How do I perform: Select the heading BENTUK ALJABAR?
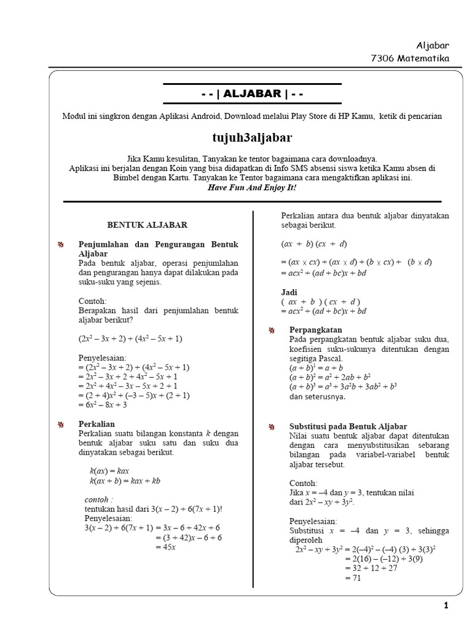coord(147,225)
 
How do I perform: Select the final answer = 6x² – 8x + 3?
coord(103,405)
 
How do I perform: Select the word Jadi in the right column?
coord(289,292)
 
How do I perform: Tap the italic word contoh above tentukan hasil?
coord(100,498)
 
